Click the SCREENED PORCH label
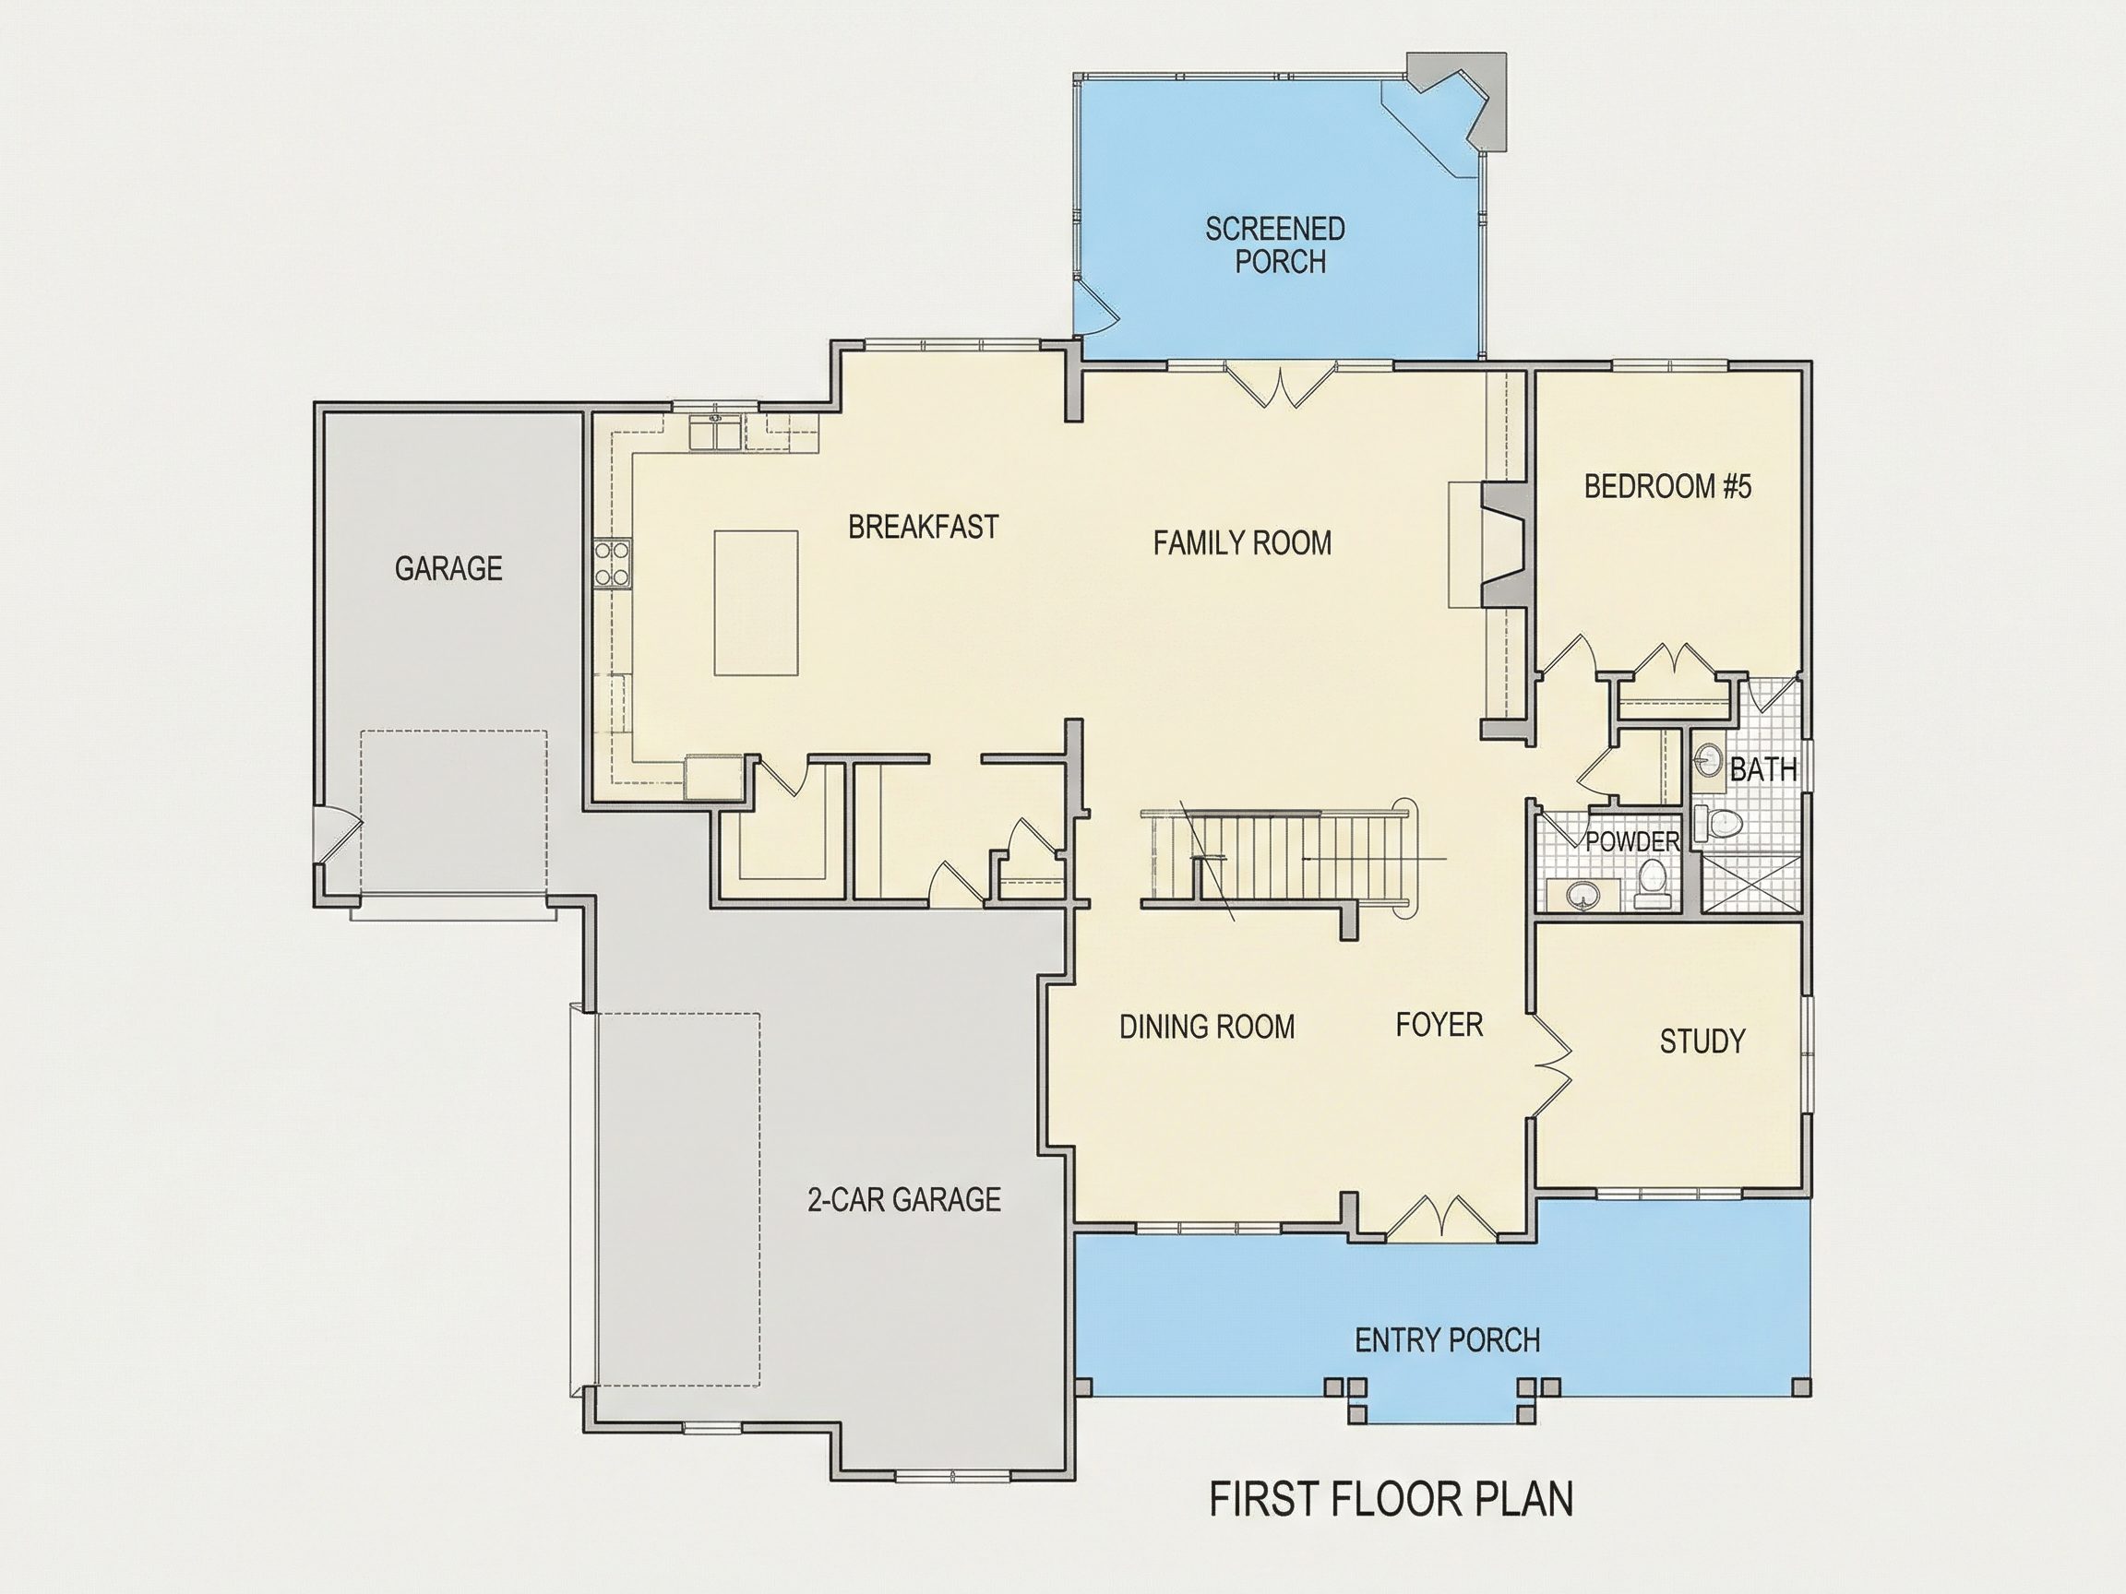pyautogui.click(x=1275, y=245)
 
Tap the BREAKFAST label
pyautogui.click(x=923, y=527)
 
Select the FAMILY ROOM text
pyautogui.click(x=1242, y=542)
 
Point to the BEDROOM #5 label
pyautogui.click(x=1667, y=486)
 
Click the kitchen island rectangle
pyautogui.click(x=756, y=603)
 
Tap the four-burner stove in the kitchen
pyautogui.click(x=612, y=564)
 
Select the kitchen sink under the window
pyautogui.click(x=714, y=434)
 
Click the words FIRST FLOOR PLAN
pyautogui.click(x=1391, y=1499)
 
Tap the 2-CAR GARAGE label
pyautogui.click(x=903, y=1199)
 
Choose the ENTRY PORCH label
pyautogui.click(x=1448, y=1339)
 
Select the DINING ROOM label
pyautogui.click(x=1207, y=1027)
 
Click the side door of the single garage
pyautogui.click(x=339, y=835)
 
